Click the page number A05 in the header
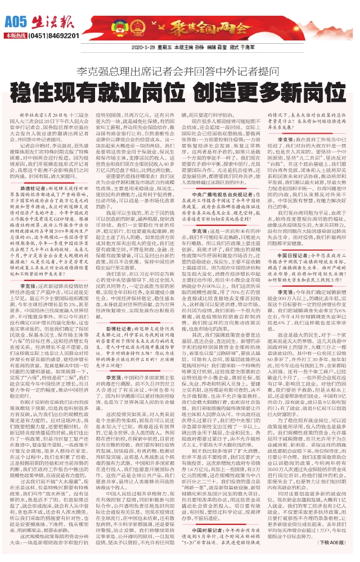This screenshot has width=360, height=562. coord(14,23)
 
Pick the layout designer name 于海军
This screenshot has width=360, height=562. coord(242,48)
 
